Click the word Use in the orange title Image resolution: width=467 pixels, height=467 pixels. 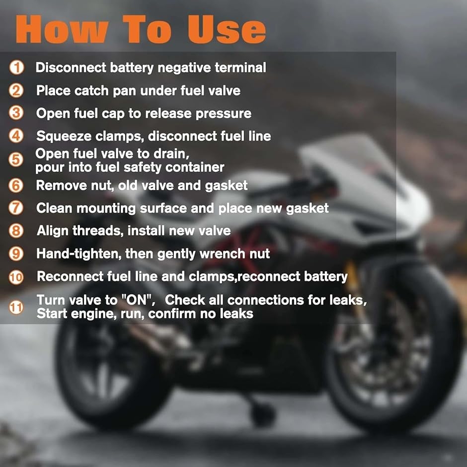[227, 29]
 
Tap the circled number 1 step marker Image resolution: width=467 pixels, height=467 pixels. [17, 67]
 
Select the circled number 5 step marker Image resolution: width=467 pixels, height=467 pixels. [16, 159]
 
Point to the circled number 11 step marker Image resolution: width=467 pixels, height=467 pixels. [16, 308]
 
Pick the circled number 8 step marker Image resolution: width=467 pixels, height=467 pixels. [16, 231]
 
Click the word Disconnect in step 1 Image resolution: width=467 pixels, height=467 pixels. [71, 68]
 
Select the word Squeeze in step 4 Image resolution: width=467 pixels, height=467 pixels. [64, 137]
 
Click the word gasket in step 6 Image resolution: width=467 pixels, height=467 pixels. [227, 186]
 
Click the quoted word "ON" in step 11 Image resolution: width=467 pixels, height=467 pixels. [137, 300]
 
